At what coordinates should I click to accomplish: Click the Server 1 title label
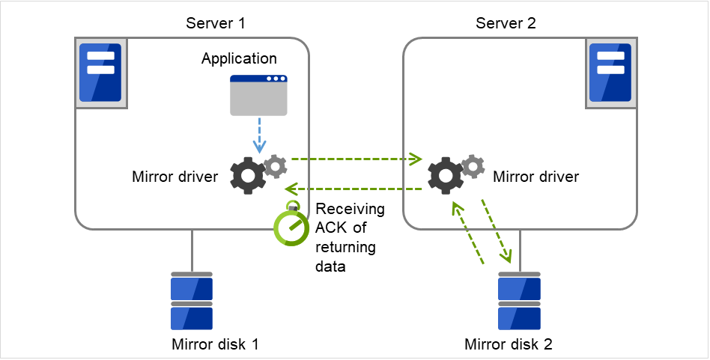pyautogui.click(x=216, y=23)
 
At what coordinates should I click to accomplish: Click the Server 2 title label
pyautogui.click(x=506, y=23)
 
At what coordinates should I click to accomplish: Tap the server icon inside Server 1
pyautogui.click(x=100, y=73)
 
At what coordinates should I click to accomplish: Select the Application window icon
pyautogui.click(x=258, y=95)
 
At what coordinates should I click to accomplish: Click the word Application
pyautogui.click(x=239, y=58)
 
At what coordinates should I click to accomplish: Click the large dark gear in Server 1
pyautogui.click(x=247, y=176)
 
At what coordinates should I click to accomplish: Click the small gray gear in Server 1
pyautogui.click(x=276, y=166)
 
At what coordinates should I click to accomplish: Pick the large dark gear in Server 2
pyautogui.click(x=446, y=177)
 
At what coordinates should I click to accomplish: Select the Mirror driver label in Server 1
pyautogui.click(x=175, y=177)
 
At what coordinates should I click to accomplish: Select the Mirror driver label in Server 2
pyautogui.click(x=535, y=177)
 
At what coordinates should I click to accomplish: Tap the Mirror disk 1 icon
pyautogui.click(x=192, y=302)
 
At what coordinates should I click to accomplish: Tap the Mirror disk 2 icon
pyautogui.click(x=519, y=302)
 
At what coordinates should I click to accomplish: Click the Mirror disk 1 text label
pyautogui.click(x=215, y=344)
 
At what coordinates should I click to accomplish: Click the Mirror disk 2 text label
pyautogui.click(x=509, y=344)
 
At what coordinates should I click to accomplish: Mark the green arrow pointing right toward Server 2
pyautogui.click(x=356, y=159)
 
